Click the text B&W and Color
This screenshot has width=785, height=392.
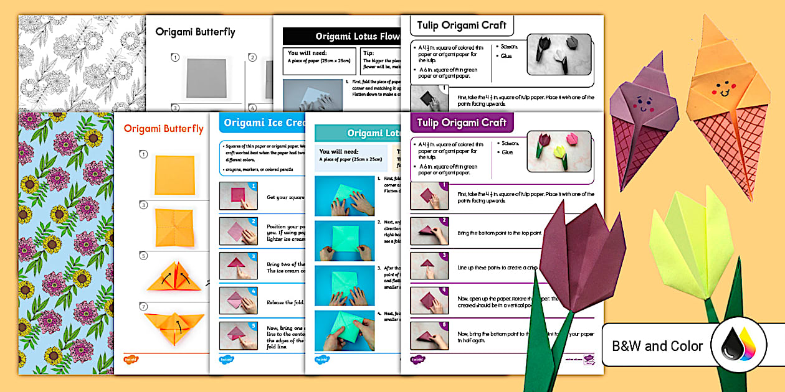[x=657, y=346]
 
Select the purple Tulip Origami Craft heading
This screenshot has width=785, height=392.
[x=462, y=123]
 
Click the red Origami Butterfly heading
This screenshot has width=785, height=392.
[x=163, y=129]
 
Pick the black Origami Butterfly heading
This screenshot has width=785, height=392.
[x=195, y=31]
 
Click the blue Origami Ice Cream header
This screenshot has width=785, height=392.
[x=262, y=123]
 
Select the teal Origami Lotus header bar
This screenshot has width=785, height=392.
[x=355, y=133]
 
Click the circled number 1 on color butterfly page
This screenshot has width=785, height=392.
[x=143, y=154]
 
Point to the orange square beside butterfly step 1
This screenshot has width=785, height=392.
[x=174, y=175]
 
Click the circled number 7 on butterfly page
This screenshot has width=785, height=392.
[x=143, y=307]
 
